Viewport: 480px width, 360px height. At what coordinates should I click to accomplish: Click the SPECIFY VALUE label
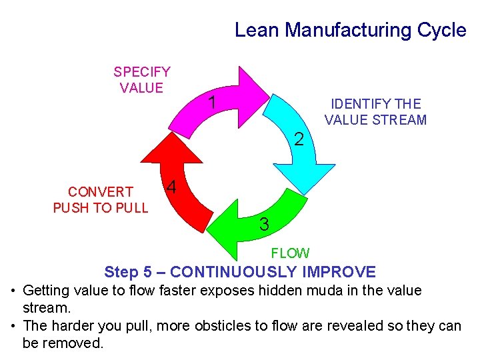[141, 79]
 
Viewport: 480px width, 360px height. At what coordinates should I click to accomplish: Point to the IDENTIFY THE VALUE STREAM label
[375, 112]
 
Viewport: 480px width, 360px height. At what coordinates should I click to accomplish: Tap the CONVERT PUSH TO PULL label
[101, 199]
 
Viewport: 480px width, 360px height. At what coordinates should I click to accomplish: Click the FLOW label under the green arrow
[290, 253]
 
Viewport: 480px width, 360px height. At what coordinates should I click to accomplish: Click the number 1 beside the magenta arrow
[211, 103]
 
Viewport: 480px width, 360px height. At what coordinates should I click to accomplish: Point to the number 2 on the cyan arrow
[299, 139]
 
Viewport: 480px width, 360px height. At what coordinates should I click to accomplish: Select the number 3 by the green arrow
[264, 225]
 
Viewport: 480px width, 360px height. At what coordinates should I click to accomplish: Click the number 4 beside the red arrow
[171, 187]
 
